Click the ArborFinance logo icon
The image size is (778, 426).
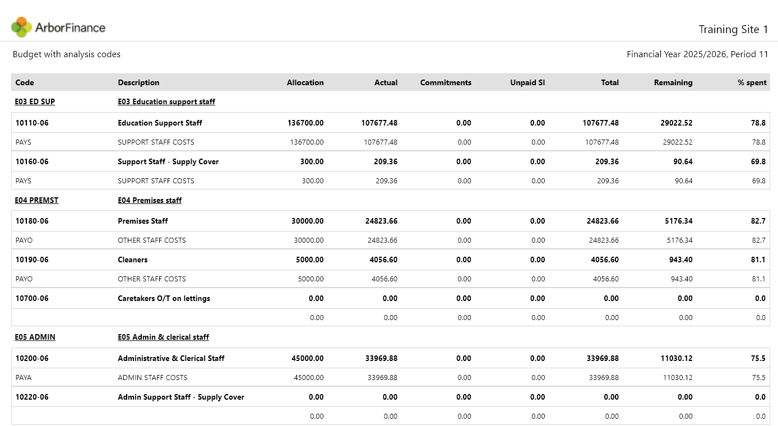pos(21,27)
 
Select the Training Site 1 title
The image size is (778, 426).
pos(733,30)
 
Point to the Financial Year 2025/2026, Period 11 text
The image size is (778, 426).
pos(697,54)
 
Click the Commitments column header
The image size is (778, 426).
pos(446,82)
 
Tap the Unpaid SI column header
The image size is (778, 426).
pos(527,82)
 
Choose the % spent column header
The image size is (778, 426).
pos(752,82)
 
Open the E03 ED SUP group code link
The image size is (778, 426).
pos(35,101)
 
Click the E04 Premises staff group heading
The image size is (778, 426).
pos(150,200)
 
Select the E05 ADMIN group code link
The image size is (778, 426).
pos(35,337)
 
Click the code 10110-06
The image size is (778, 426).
pos(32,123)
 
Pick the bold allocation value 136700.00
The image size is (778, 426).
pos(305,123)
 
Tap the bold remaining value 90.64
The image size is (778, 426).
pos(683,161)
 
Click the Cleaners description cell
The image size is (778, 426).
pos(133,260)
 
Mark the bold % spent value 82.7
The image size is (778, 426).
pos(758,221)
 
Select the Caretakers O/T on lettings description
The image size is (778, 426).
pos(164,298)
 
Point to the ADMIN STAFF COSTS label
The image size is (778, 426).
pos(152,377)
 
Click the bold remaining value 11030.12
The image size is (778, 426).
pos(676,358)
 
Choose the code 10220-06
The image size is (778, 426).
pos(32,397)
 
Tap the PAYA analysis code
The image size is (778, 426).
pos(24,377)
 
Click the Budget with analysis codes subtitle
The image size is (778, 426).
pos(67,54)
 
